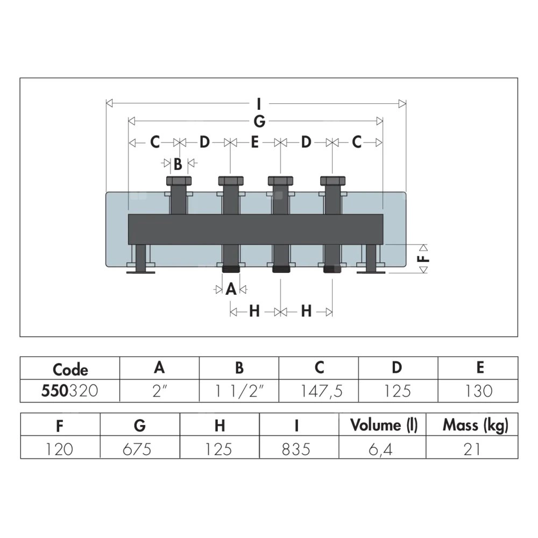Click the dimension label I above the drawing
coord(259,103)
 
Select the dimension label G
coord(260,121)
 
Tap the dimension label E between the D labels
coord(254,142)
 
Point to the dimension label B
coord(178,164)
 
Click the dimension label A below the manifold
coord(231,289)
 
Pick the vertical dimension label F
coord(424,258)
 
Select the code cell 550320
coord(69,391)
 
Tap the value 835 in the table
coord(296,449)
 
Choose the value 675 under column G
coord(137,449)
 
